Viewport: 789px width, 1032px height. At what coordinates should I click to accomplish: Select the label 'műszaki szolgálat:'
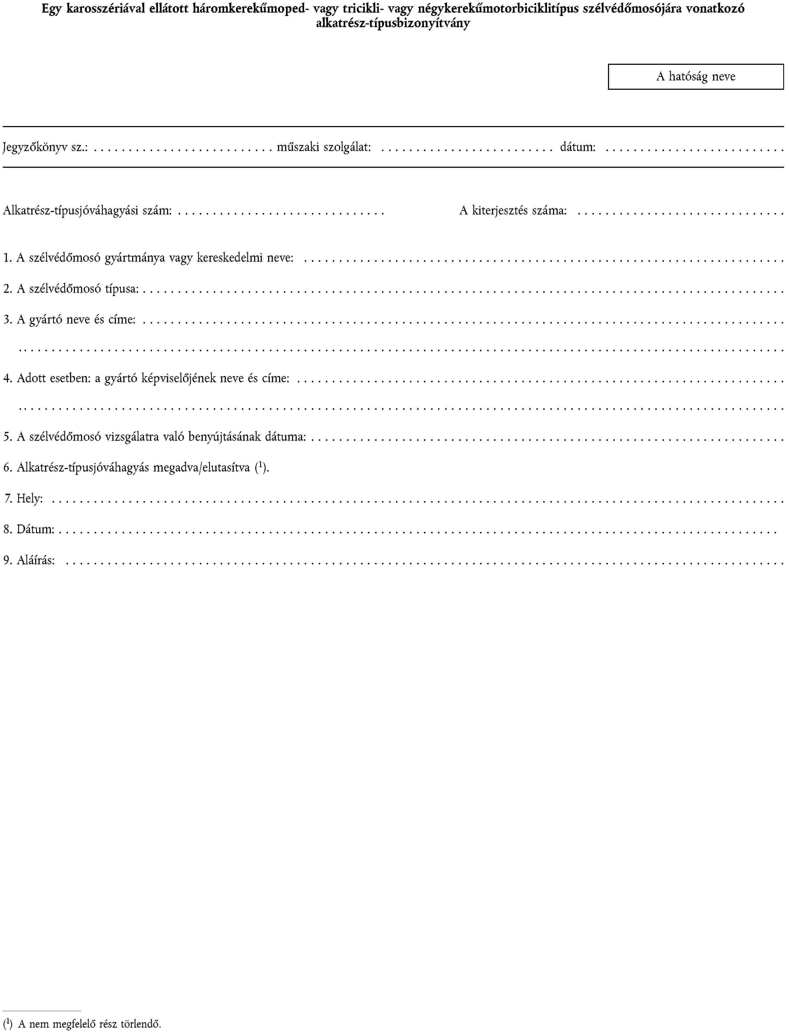[x=324, y=147]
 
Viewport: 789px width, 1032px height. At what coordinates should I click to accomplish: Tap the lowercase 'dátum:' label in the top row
[x=578, y=147]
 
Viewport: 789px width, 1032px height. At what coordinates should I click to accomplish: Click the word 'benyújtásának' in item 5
[x=224, y=437]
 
